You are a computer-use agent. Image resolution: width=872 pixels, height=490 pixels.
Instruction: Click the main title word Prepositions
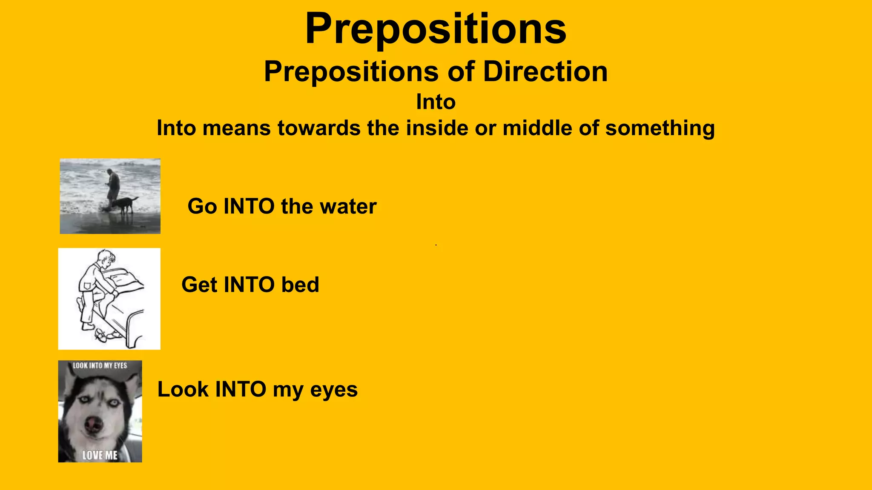point(436,29)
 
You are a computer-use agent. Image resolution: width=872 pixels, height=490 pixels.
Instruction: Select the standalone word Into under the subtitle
point(436,102)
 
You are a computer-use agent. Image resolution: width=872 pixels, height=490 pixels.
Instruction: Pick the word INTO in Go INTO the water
point(249,207)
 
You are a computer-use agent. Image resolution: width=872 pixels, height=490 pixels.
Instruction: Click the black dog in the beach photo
point(123,204)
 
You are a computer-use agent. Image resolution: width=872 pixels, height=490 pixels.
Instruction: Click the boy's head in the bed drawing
point(106,257)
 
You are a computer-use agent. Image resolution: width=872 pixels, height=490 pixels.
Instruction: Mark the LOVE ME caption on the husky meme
point(100,455)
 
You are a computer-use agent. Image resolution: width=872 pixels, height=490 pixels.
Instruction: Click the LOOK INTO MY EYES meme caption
point(100,365)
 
